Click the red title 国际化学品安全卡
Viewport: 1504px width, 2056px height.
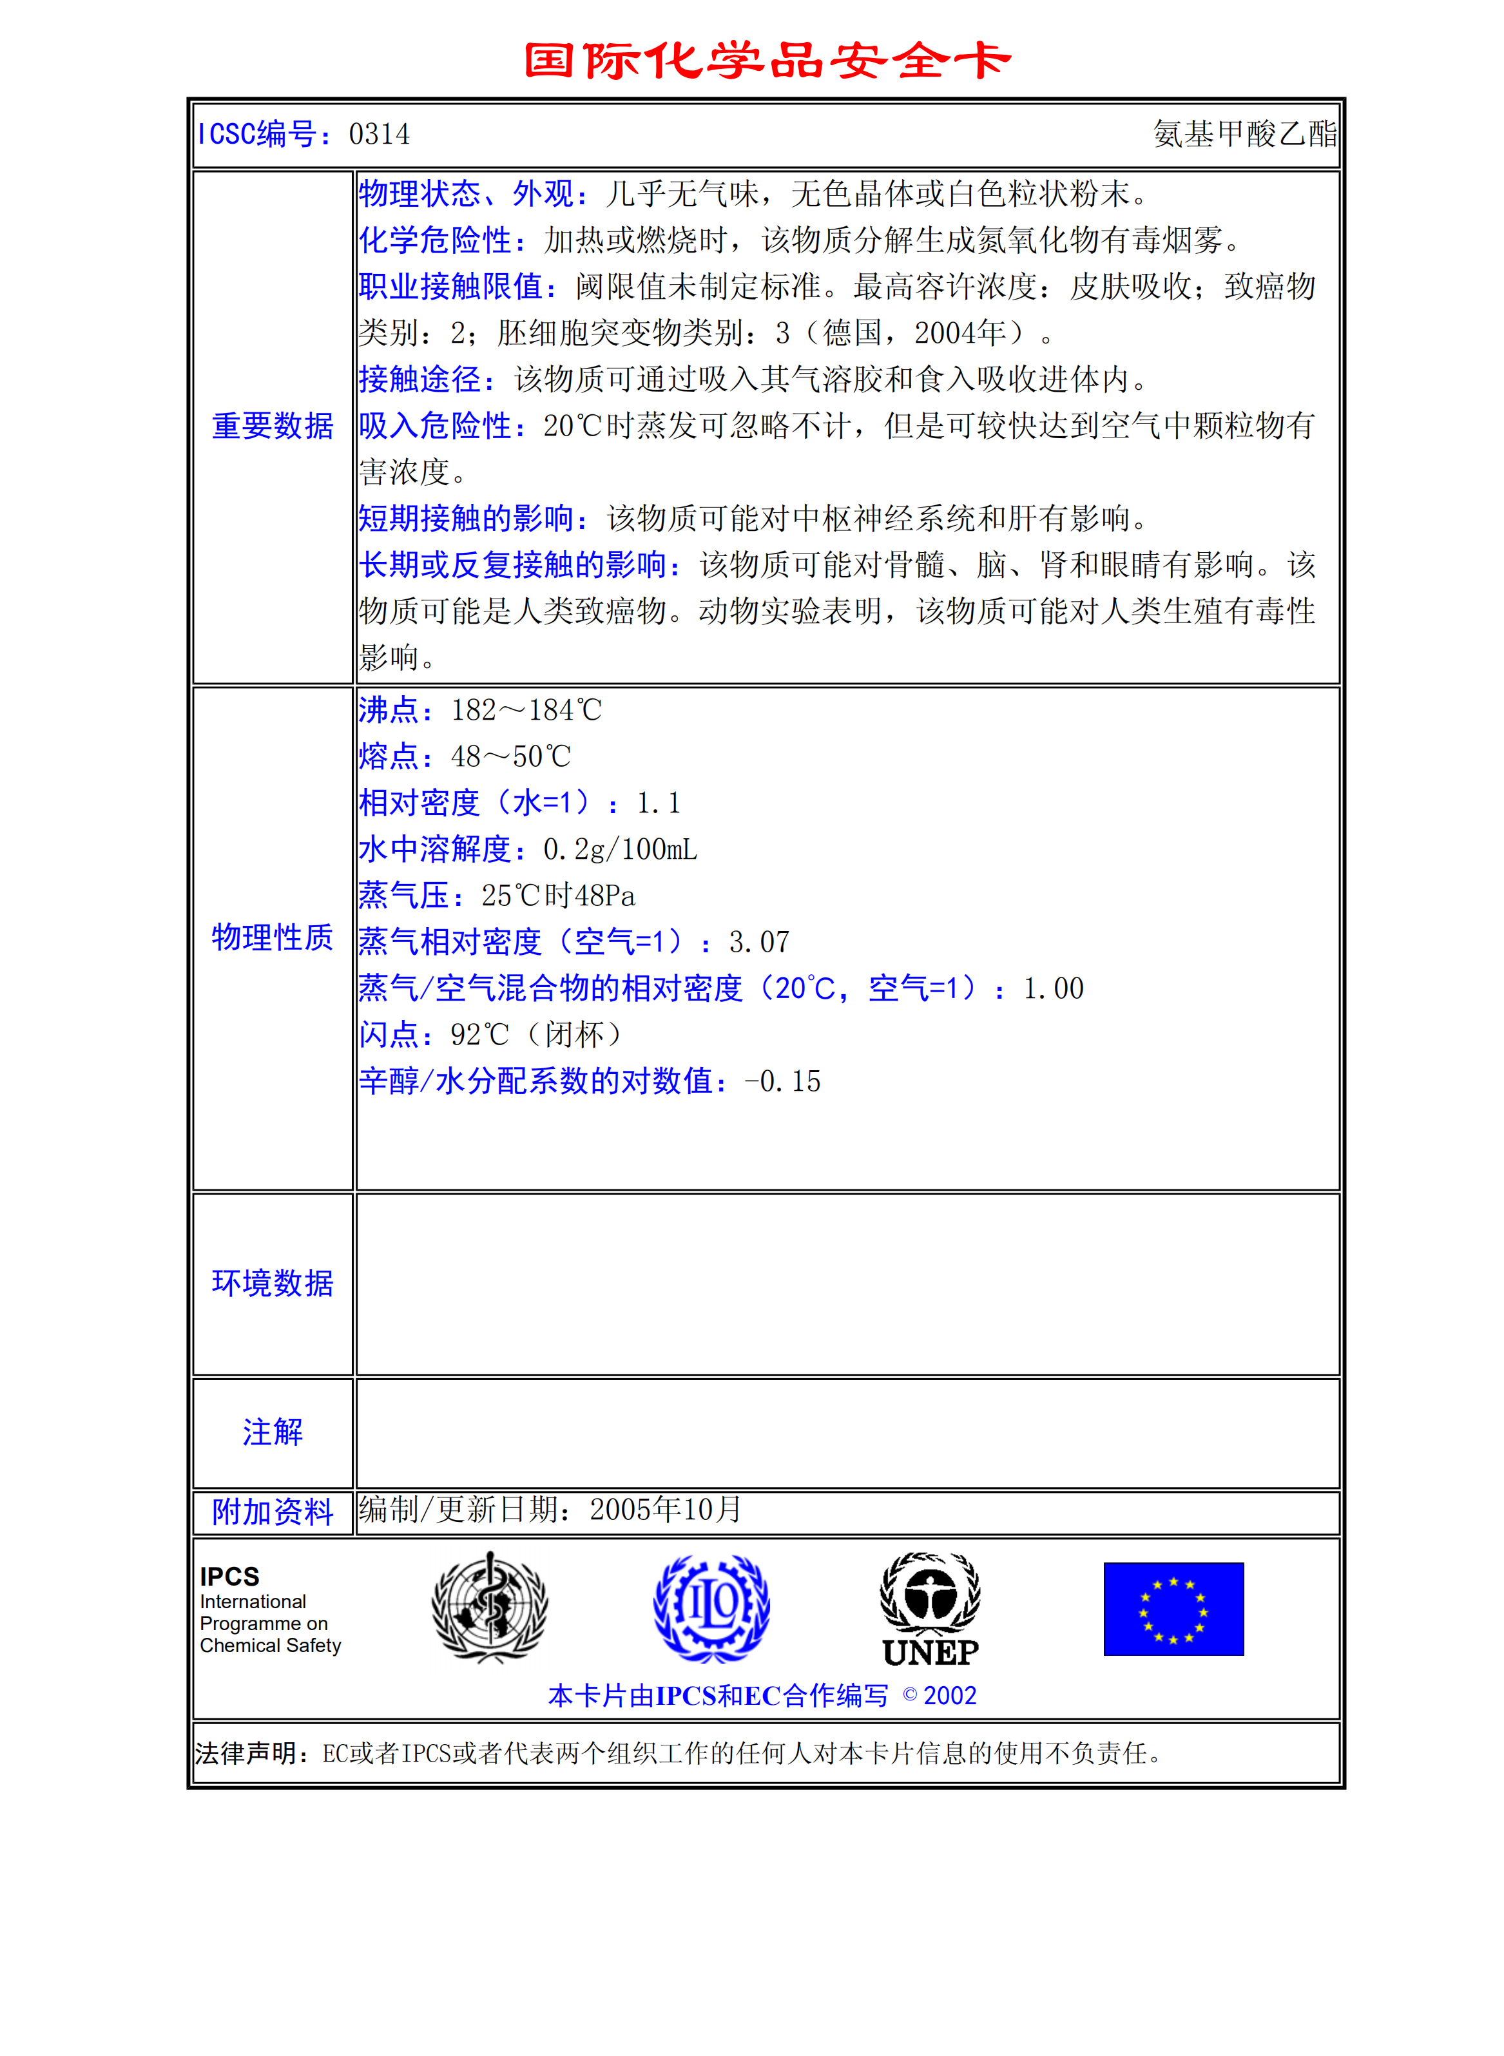767,61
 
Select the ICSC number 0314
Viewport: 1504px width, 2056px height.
379,135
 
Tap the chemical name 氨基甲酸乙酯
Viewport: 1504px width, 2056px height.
1244,135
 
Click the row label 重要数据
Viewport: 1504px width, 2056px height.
272,426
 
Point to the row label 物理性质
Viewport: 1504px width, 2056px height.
272,937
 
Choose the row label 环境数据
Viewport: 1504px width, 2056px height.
272,1283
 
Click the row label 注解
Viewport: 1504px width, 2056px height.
272,1432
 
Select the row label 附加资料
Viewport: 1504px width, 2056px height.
272,1512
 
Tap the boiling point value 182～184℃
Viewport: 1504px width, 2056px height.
526,710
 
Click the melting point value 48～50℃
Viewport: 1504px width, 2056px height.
511,756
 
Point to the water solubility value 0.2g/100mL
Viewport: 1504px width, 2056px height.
620,849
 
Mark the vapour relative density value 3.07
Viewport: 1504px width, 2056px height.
759,942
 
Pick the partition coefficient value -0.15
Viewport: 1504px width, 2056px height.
782,1081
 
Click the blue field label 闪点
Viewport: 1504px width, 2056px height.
389,1035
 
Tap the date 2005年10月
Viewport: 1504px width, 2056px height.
666,1510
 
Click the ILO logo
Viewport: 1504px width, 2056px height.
712,1608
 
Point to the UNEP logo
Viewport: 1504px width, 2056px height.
930,1610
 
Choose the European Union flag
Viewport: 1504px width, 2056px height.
1173,1609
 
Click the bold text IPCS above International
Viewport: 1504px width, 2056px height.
229,1577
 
